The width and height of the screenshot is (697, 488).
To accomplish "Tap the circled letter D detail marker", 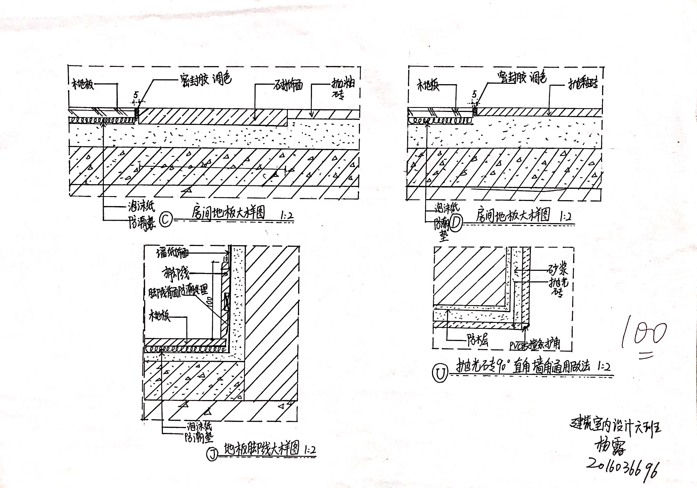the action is point(456,224).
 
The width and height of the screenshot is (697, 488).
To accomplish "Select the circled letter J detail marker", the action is point(212,454).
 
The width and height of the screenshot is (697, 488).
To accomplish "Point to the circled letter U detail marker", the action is point(440,374).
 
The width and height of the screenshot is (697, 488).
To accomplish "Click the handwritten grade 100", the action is point(644,336).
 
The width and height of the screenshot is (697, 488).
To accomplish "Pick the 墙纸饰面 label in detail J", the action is point(172,253).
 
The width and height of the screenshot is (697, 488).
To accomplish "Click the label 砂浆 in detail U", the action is point(558,269).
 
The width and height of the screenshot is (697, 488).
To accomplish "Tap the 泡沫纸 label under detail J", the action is point(199,427).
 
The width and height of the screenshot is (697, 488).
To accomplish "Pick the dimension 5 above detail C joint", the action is point(135,95).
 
